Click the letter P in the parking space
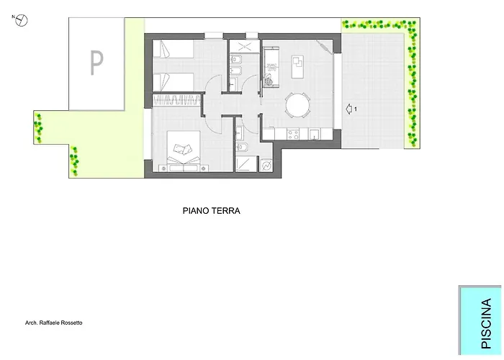(96, 63)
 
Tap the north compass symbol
(22, 21)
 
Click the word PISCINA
(486, 323)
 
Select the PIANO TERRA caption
(212, 211)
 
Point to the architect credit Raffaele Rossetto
(54, 323)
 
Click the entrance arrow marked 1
(349, 109)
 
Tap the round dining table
(298, 105)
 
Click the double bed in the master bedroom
(184, 151)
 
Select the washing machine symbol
(266, 166)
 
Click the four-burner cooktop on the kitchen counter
(293, 134)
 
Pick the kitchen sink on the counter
(314, 134)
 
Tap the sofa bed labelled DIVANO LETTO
(271, 66)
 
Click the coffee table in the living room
(297, 66)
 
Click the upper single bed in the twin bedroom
(174, 48)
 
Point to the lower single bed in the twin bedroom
(174, 82)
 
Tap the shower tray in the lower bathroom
(246, 164)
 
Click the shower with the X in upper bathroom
(245, 46)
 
